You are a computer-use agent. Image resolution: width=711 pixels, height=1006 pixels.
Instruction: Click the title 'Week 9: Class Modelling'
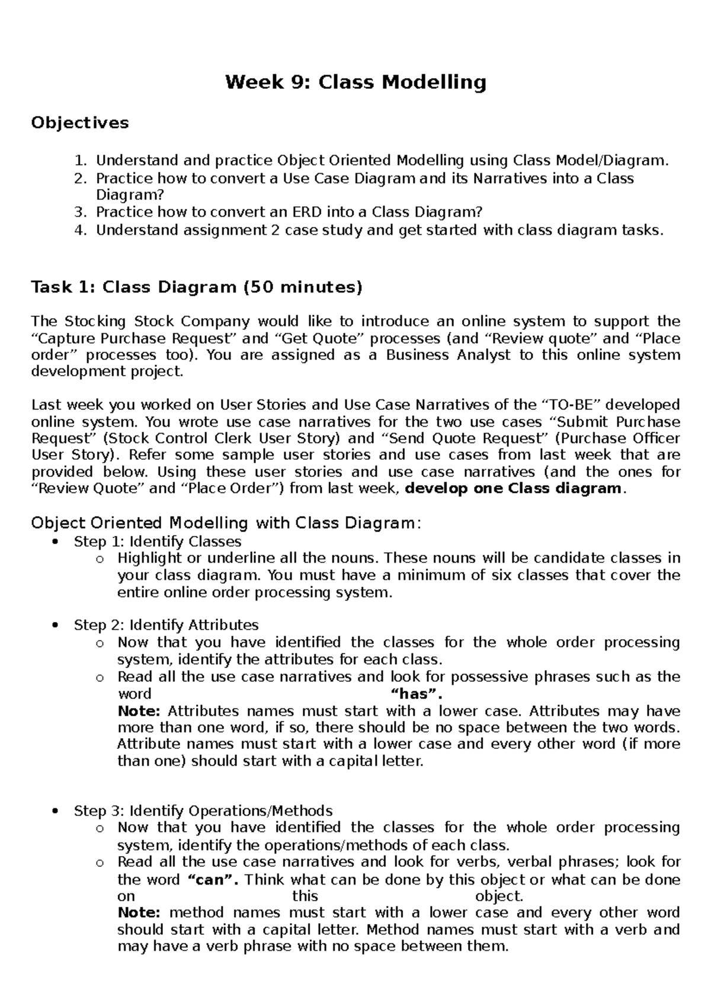(x=355, y=82)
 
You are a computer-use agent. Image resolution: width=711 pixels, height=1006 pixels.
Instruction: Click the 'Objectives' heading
(x=79, y=123)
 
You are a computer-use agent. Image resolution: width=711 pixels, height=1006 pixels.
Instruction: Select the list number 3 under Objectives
(x=81, y=212)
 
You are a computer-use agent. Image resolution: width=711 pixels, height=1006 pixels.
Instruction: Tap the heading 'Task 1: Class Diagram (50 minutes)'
(x=196, y=287)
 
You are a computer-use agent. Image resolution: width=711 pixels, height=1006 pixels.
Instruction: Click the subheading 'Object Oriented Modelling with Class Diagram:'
(x=225, y=523)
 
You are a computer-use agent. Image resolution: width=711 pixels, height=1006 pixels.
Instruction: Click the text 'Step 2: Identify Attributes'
(x=166, y=625)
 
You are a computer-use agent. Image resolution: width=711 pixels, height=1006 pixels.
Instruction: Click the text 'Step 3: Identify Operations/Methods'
(x=203, y=810)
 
